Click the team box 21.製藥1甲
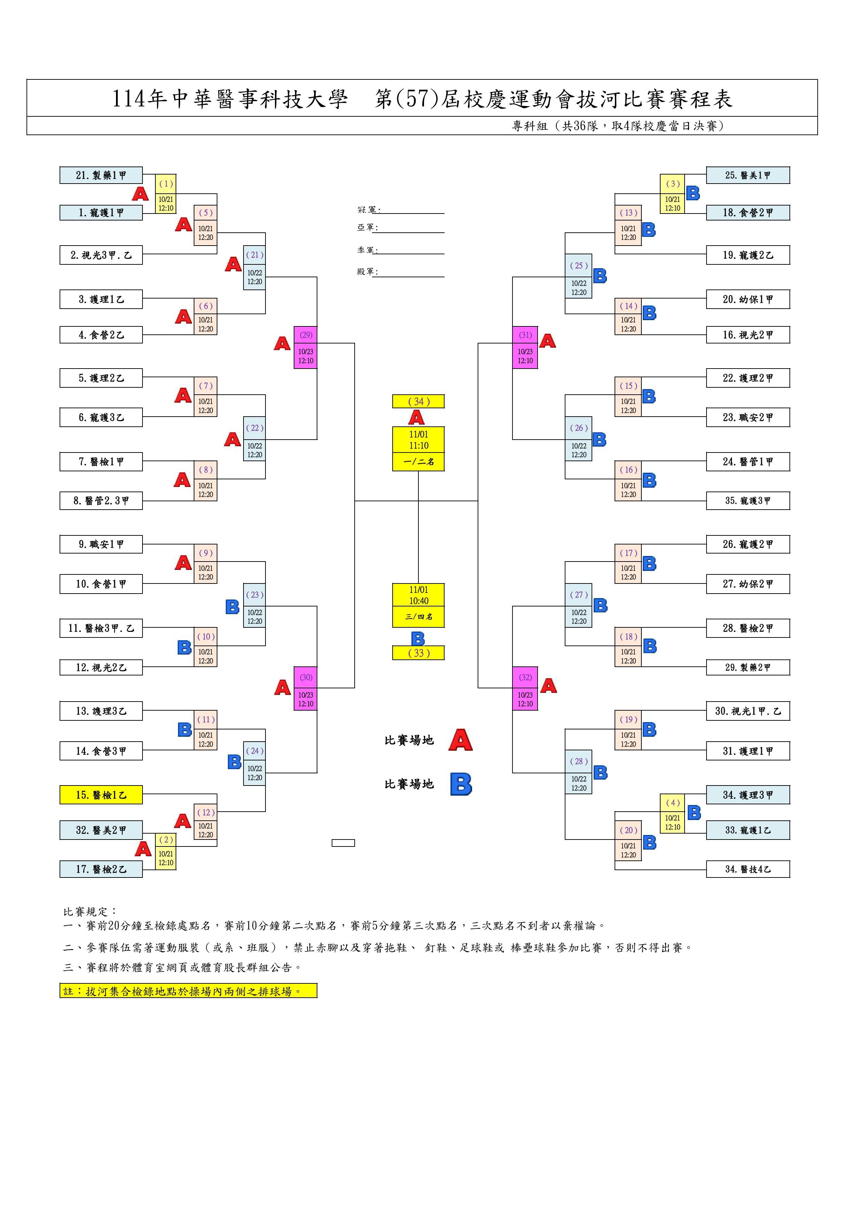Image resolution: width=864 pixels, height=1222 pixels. click(101, 175)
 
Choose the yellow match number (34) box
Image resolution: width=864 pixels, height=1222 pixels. click(418, 401)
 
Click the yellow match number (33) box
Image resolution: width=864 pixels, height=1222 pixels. click(418, 653)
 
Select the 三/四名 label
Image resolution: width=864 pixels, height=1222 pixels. click(418, 617)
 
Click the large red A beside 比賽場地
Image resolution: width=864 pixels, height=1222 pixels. click(461, 740)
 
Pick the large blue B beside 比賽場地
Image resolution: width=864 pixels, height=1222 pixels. click(461, 784)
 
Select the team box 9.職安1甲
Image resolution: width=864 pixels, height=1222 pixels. click(101, 544)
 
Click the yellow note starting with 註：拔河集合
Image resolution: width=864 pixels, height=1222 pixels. click(188, 991)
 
